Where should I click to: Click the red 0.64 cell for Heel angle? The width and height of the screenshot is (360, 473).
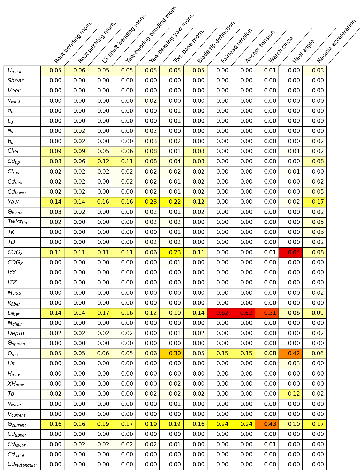(x=291, y=252)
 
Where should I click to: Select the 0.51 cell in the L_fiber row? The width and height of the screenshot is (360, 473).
(x=267, y=313)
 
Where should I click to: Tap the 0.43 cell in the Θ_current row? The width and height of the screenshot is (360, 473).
(x=267, y=424)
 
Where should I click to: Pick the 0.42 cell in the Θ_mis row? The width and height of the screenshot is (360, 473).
(x=291, y=353)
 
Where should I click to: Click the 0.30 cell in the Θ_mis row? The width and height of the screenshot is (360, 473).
(x=172, y=353)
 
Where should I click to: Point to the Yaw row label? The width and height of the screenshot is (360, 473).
(x=13, y=202)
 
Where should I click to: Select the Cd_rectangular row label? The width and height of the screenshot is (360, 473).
(x=22, y=465)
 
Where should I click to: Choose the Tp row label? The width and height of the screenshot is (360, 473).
(x=11, y=394)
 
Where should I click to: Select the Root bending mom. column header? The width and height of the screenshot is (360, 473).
(x=73, y=42)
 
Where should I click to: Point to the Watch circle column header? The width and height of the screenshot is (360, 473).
(x=281, y=50)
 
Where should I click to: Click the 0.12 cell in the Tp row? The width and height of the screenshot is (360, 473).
(x=291, y=394)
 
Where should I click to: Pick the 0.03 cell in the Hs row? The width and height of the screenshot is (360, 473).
(x=291, y=363)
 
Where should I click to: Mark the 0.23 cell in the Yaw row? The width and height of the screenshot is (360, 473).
(x=148, y=202)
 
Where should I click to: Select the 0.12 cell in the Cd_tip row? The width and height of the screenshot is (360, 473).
(x=100, y=161)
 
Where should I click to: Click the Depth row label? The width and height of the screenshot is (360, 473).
(x=16, y=333)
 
